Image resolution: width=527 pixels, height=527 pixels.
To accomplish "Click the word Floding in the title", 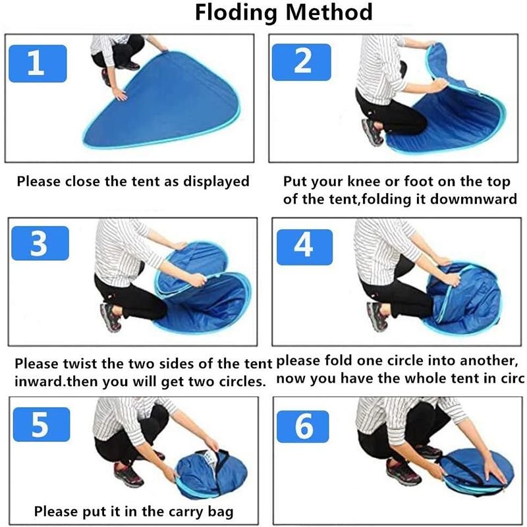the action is click(x=235, y=13).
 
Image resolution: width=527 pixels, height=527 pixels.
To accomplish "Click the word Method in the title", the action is click(x=329, y=12).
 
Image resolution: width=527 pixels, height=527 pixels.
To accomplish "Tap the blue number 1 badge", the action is click(x=38, y=63).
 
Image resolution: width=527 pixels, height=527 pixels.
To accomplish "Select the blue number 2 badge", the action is click(x=302, y=62).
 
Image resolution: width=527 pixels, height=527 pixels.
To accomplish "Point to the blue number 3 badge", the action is click(x=40, y=243).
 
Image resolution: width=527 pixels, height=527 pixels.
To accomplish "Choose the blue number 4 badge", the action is click(x=304, y=247).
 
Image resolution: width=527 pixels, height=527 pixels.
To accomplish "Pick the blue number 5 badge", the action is click(x=42, y=424).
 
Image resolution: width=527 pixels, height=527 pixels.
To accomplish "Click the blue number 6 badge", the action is click(x=302, y=426).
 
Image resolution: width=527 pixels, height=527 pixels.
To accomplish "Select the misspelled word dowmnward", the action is click(x=474, y=199).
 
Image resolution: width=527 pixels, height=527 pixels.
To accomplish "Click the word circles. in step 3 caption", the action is click(x=242, y=381).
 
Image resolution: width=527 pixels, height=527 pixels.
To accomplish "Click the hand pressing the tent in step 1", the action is click(x=119, y=94).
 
